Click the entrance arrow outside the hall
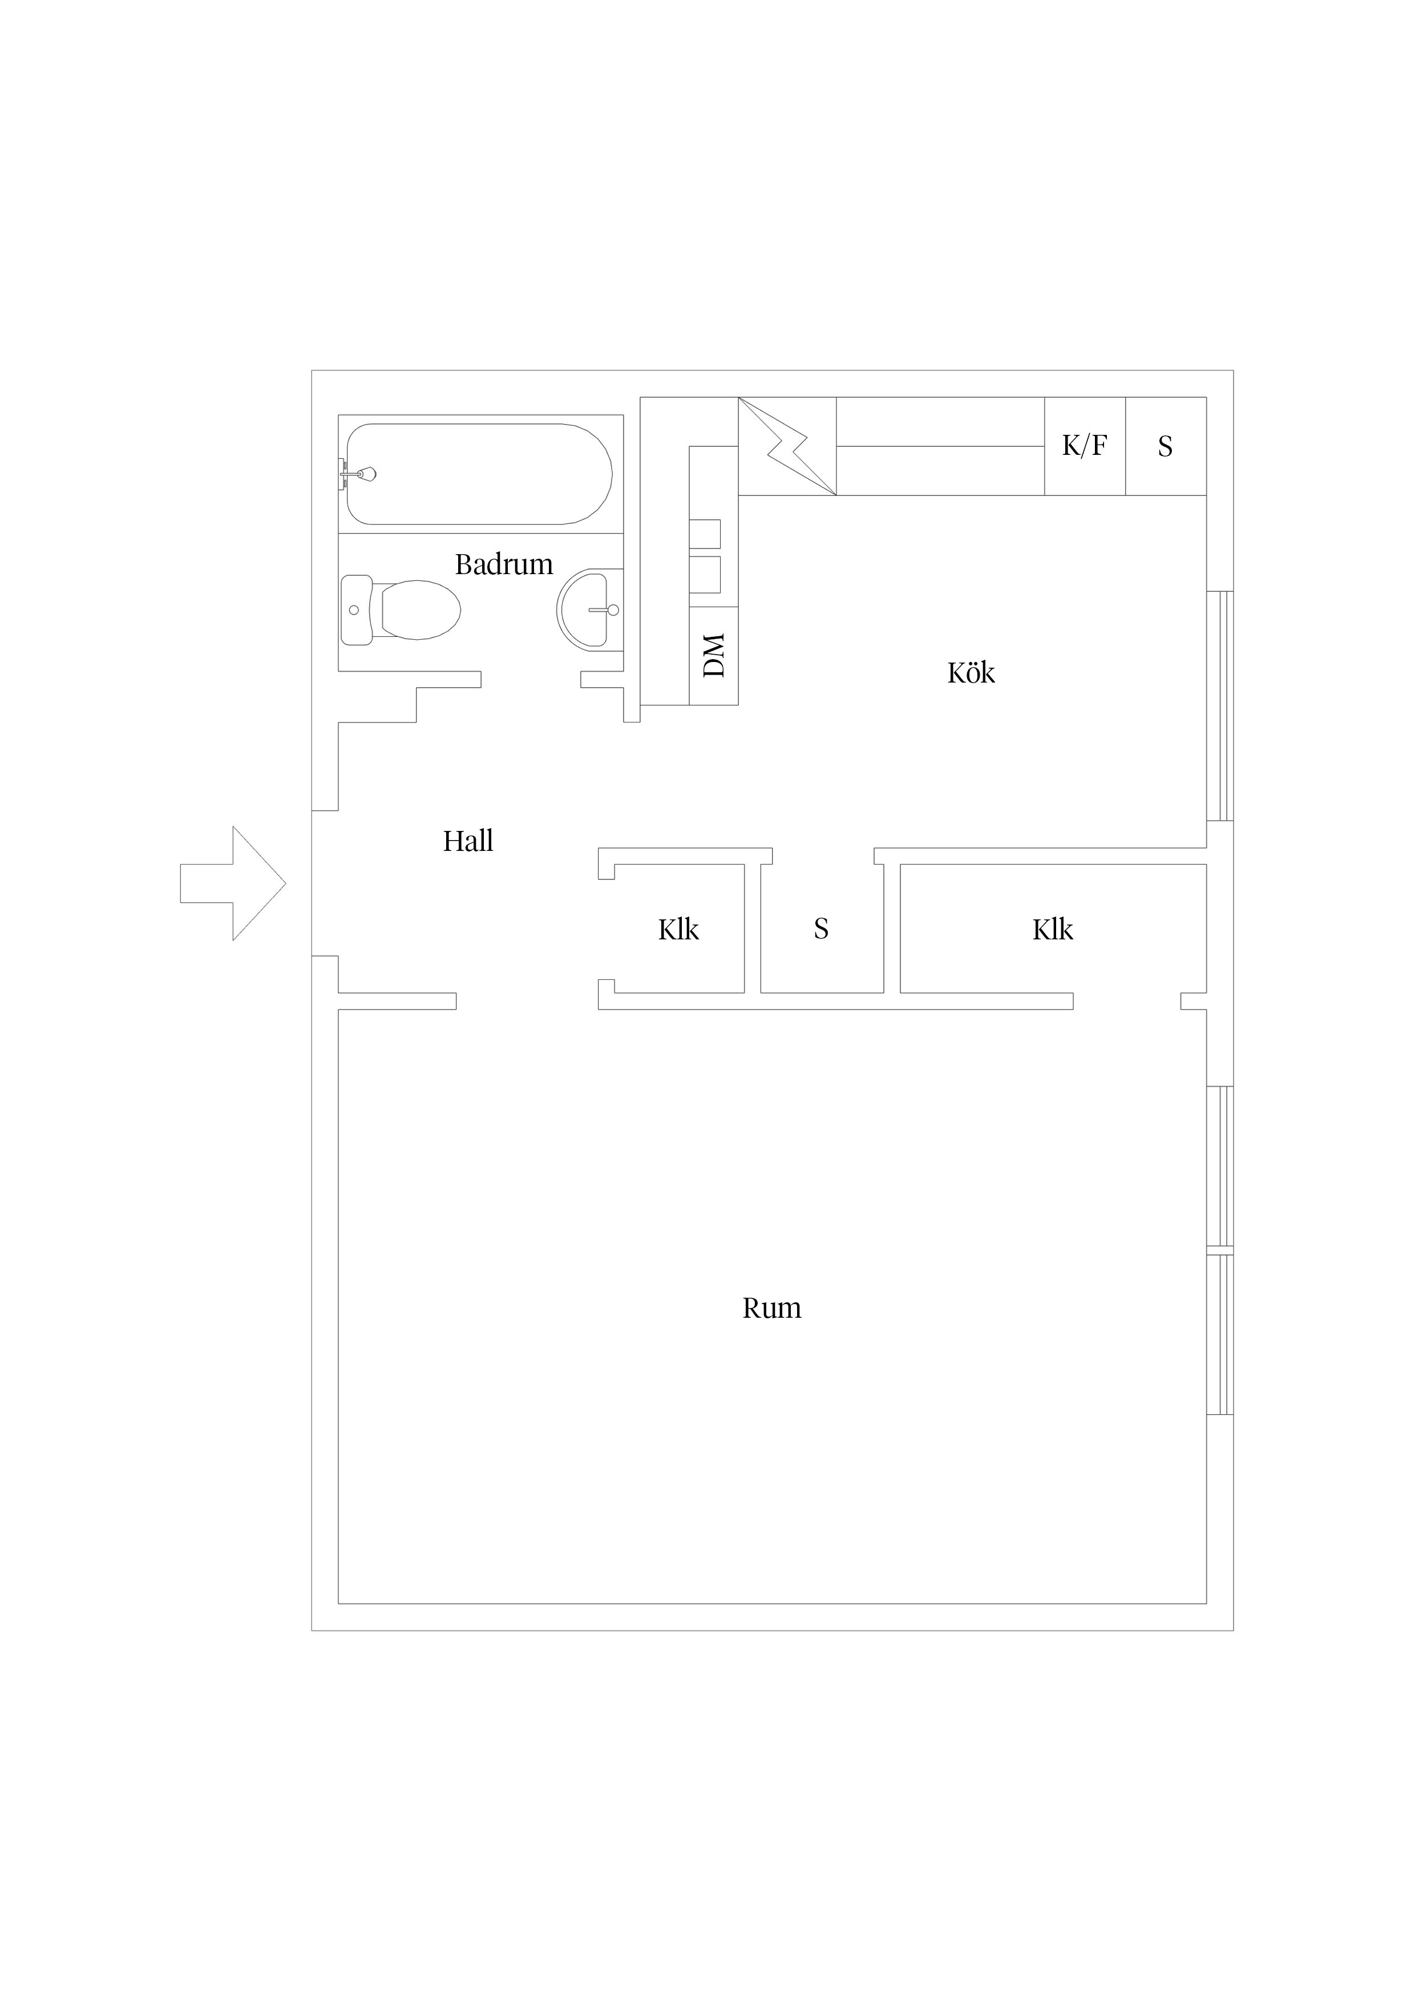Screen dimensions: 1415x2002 pos(233,883)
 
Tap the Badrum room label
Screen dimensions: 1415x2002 pos(504,564)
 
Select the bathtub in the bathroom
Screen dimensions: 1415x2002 pos(479,474)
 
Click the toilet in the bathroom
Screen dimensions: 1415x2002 pos(401,610)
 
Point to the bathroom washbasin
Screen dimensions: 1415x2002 pos(589,610)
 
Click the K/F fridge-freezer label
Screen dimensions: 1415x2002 pos(1085,446)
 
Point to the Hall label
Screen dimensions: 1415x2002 pos(468,841)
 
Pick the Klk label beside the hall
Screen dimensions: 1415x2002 pos(678,930)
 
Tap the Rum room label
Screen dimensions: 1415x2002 pos(771,1308)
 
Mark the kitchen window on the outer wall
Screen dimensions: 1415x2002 pos(1220,707)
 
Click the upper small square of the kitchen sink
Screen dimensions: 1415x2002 pos(705,534)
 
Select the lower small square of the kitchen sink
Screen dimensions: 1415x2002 pos(705,574)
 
